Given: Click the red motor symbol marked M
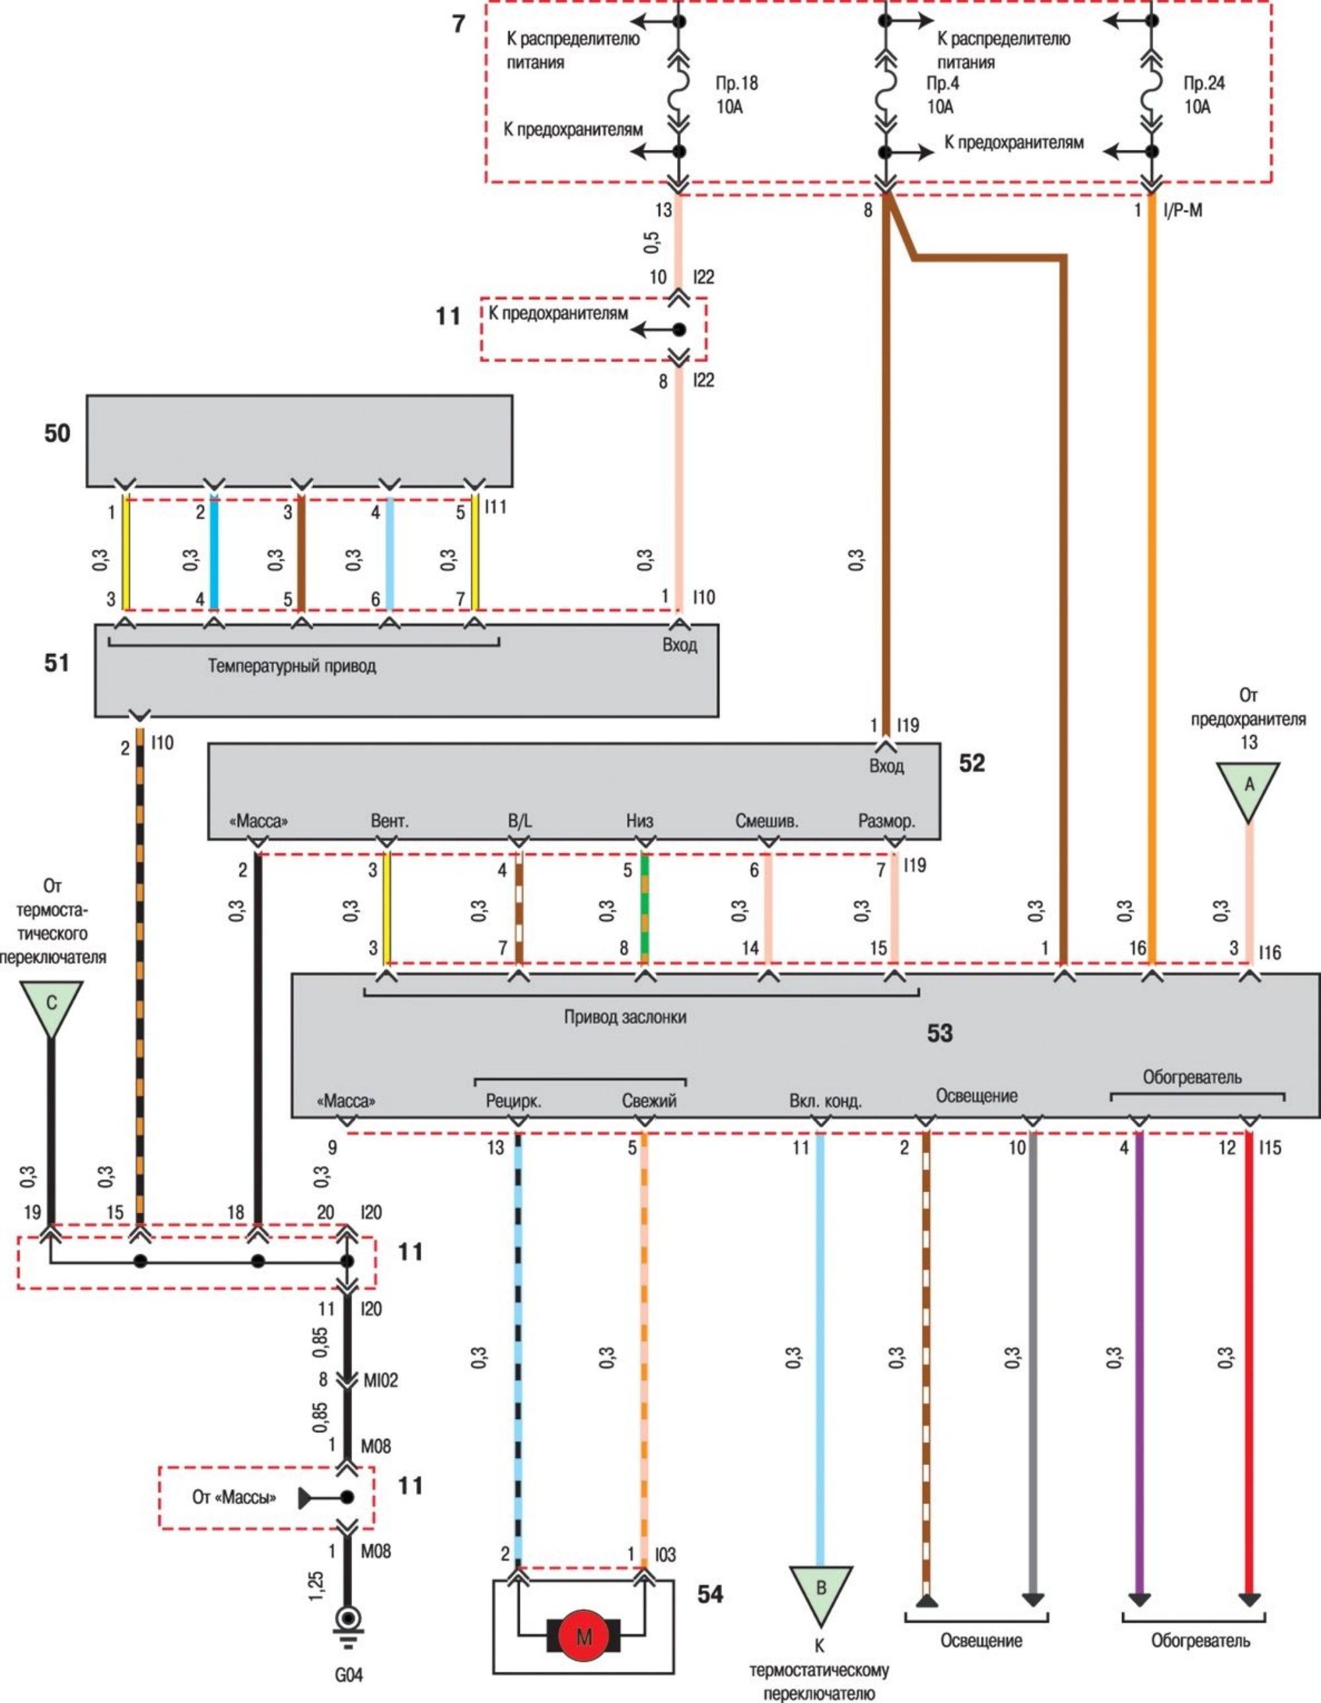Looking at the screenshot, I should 583,1635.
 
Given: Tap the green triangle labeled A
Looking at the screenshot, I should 1248,787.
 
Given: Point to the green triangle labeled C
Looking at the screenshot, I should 52,1004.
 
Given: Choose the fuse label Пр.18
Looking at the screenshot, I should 737,83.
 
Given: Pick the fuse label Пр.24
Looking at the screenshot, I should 1204,83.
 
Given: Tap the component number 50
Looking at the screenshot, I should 57,433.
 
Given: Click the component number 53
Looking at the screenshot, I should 940,1033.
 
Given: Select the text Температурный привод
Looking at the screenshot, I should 292,666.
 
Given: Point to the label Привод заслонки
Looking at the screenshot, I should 625,1017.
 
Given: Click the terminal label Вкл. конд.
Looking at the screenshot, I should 825,1102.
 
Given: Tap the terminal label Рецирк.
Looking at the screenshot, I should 513,1102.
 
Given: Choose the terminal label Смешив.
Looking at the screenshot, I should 767,821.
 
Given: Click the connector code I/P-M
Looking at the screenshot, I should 1182,210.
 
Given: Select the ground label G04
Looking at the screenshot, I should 348,1673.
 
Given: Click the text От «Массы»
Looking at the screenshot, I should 234,1497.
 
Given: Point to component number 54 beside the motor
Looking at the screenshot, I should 709,1595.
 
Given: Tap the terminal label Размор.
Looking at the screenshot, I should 886,821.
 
